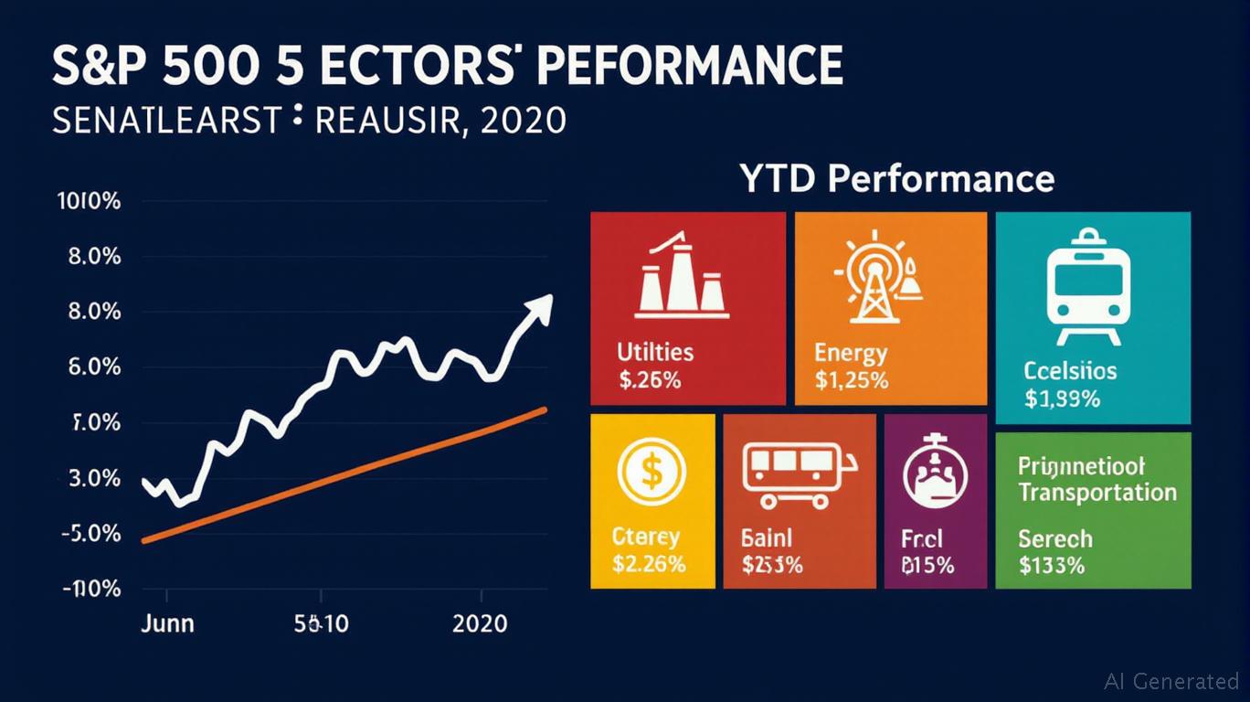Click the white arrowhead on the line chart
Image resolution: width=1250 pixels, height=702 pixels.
[x=540, y=307]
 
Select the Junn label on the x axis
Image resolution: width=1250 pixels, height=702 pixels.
[x=167, y=623]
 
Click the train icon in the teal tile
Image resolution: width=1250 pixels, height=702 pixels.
[x=1087, y=286]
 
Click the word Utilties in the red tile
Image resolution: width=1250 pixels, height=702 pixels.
[x=655, y=352]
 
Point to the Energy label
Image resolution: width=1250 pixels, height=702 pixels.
[x=850, y=353]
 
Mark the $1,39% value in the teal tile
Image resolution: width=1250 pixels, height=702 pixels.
[x=1062, y=399]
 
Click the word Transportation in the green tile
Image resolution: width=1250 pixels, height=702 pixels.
[x=1096, y=493]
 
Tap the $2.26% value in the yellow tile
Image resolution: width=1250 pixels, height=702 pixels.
[x=650, y=564]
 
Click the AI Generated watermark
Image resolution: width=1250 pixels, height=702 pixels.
[x=1171, y=681]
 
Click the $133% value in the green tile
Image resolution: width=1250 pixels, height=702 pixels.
[x=1052, y=565]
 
